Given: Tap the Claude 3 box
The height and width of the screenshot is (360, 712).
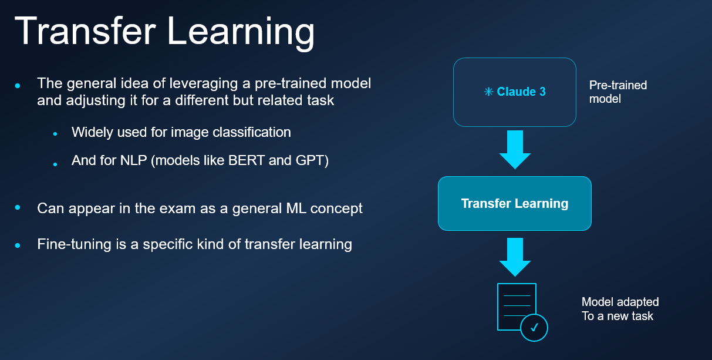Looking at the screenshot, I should [x=514, y=92].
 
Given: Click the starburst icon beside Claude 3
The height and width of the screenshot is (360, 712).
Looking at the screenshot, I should [x=488, y=92].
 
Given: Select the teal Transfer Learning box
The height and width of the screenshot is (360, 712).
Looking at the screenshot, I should [x=514, y=204].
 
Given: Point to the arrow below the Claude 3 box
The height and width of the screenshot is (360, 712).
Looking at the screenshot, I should [x=515, y=149].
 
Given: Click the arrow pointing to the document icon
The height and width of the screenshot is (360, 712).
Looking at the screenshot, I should [x=515, y=256].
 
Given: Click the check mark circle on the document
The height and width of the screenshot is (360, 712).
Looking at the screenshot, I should [x=534, y=328].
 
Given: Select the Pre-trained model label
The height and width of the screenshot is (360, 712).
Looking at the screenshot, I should [x=617, y=92].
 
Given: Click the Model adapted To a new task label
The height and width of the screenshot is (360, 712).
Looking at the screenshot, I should [x=620, y=309].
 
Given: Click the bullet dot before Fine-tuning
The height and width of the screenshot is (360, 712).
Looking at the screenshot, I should [x=18, y=245].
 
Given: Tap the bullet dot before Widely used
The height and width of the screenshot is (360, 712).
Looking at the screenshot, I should [x=55, y=134].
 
